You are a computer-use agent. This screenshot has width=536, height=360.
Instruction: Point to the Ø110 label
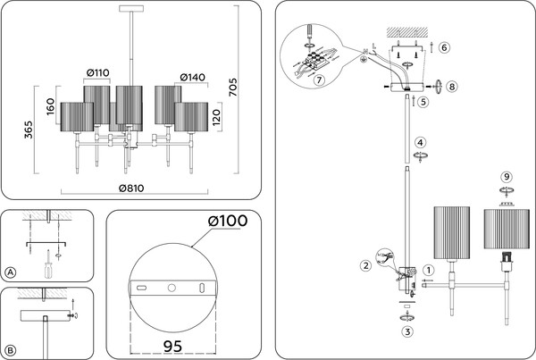point(98,72)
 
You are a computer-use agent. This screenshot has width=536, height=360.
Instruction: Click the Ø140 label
point(193,77)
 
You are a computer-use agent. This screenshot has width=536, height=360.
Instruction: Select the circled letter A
point(11,272)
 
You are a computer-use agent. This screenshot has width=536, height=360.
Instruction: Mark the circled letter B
point(11,350)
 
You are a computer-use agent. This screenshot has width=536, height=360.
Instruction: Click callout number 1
point(429,270)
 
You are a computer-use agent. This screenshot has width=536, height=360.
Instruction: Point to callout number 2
point(365,265)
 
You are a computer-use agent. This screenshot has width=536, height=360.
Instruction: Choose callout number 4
point(420,143)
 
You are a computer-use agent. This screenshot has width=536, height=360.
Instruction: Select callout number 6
point(444,46)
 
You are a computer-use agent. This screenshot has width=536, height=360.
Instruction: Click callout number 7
point(319,80)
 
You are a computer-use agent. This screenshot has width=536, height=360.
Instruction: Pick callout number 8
point(453,87)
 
